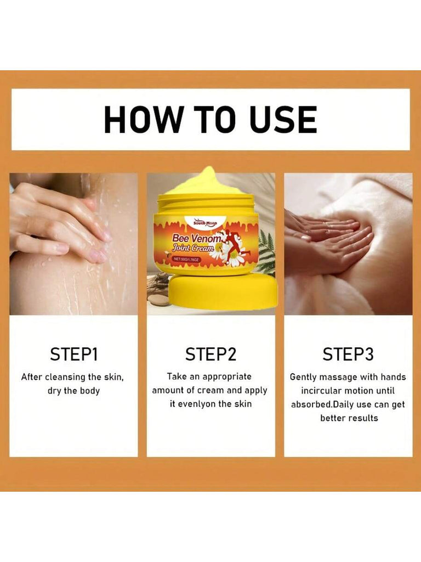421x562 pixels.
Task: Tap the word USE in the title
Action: point(283,119)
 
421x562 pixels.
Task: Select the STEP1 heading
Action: point(74,354)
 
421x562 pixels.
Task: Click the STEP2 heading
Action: point(211,354)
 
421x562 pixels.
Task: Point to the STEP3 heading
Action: point(348,354)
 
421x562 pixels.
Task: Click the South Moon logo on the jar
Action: point(205,223)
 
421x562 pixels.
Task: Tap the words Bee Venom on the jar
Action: point(197,238)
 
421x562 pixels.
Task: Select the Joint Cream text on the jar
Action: point(194,248)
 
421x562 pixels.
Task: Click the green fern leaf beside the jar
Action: point(266,251)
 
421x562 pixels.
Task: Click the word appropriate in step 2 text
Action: point(227,376)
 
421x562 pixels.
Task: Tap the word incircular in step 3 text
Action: point(322,390)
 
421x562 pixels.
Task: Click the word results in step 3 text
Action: point(364,418)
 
